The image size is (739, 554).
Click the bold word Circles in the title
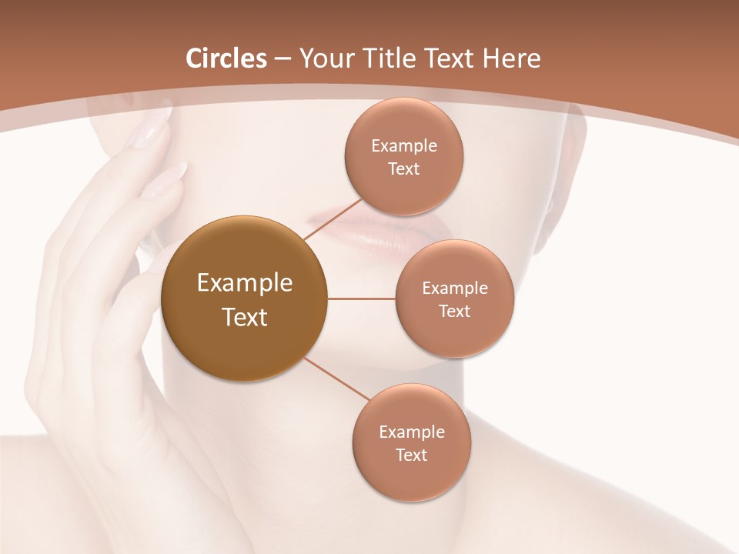click(x=226, y=58)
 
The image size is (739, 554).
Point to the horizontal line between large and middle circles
click(x=362, y=299)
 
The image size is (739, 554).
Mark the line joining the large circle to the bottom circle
click(x=336, y=379)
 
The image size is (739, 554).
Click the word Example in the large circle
click(x=245, y=283)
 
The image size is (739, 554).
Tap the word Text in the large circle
click(x=245, y=317)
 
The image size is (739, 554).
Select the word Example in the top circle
click(x=404, y=146)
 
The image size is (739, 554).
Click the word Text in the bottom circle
click(x=411, y=455)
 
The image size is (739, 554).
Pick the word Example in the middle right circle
click(x=455, y=289)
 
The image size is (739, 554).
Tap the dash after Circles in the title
click(x=283, y=59)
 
